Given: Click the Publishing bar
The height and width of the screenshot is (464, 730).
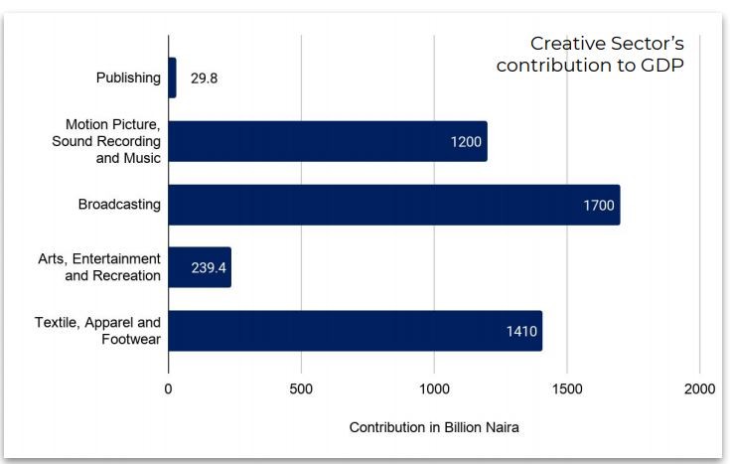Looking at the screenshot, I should [x=173, y=77].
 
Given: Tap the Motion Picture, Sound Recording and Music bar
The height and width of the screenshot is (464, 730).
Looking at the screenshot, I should [x=328, y=141].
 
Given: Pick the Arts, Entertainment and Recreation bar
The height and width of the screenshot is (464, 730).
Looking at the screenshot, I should [x=200, y=267].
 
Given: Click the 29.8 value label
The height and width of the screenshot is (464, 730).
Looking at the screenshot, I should [x=204, y=78].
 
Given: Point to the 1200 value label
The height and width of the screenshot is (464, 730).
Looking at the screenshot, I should [x=465, y=142].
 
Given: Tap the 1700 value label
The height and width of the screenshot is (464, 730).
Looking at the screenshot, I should [x=599, y=206].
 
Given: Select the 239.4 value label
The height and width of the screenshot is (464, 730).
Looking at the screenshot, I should [x=209, y=268].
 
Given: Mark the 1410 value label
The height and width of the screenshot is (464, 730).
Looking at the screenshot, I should [x=521, y=332].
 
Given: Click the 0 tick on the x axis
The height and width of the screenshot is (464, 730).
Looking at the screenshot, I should [x=169, y=388].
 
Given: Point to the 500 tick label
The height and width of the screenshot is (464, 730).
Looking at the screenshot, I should [x=301, y=388].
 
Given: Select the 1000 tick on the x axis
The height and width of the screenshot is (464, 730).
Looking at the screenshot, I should [x=434, y=388].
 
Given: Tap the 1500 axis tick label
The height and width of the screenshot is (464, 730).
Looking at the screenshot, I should [x=567, y=388].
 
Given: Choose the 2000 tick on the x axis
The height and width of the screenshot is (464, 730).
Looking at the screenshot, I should [x=699, y=388].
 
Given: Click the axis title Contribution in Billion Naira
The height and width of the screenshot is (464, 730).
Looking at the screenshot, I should [x=434, y=427].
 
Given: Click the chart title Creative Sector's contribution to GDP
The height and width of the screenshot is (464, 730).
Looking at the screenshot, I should [x=591, y=55].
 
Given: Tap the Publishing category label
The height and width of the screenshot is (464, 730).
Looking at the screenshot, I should [x=128, y=78].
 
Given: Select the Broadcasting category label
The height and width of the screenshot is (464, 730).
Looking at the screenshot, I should [x=119, y=206].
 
